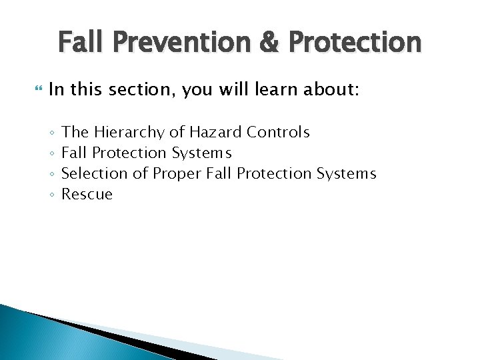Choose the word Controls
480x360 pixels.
[278, 132]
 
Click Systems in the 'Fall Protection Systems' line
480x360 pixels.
[201, 153]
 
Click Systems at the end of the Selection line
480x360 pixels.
[346, 174]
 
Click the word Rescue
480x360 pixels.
[87, 195]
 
